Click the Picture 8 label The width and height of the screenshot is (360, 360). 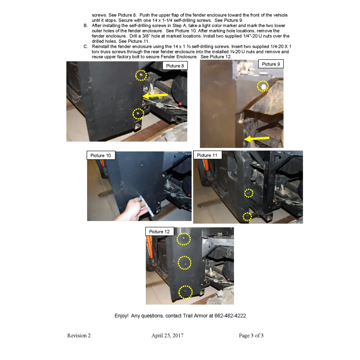pyautogui.click(x=175, y=66)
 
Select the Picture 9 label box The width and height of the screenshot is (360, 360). pyautogui.click(x=271, y=64)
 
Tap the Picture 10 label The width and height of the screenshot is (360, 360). pyautogui.click(x=100, y=156)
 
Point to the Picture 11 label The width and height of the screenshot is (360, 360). pyautogui.click(x=207, y=155)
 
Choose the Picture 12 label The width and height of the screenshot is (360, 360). pyautogui.click(x=159, y=231)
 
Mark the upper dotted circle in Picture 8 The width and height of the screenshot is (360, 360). pyautogui.click(x=141, y=75)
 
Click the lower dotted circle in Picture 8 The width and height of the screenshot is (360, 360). pyautogui.click(x=138, y=114)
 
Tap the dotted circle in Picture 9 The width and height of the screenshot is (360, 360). pyautogui.click(x=263, y=86)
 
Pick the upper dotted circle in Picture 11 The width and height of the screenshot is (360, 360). pyautogui.click(x=248, y=193)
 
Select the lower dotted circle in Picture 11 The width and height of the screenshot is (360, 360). pyautogui.click(x=247, y=217)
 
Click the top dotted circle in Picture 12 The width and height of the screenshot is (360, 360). pyautogui.click(x=184, y=239)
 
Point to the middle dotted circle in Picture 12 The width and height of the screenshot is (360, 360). pyautogui.click(x=185, y=262)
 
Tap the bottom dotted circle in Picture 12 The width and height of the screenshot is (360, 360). pyautogui.click(x=185, y=292)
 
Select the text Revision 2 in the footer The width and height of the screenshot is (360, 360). pyautogui.click(x=79, y=336)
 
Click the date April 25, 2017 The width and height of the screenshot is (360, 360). pyautogui.click(x=167, y=336)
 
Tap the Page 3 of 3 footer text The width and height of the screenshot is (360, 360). pyautogui.click(x=251, y=336)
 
